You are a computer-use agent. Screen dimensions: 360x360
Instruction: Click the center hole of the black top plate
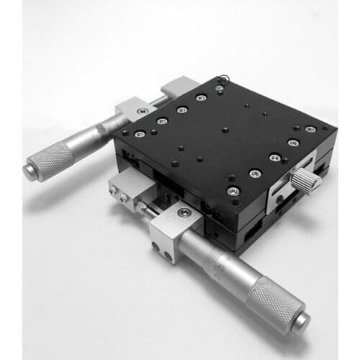[225, 130]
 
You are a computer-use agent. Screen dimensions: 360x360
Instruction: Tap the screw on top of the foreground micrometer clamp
[184, 213]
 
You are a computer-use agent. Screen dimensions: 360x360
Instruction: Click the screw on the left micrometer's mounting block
[142, 112]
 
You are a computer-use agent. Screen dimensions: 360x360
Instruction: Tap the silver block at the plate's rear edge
[177, 87]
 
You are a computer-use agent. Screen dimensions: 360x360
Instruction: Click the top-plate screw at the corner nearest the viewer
[233, 191]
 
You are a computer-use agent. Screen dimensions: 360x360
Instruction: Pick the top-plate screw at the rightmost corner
[310, 130]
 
